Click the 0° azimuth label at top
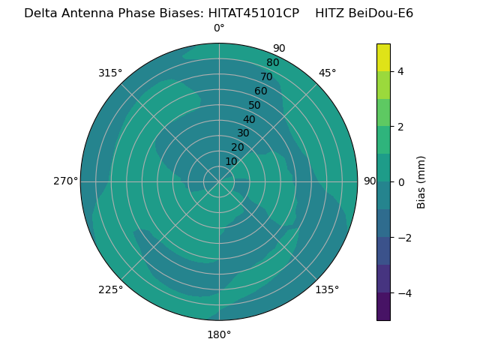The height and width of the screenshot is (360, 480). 219,28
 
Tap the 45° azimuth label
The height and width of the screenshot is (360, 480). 327,73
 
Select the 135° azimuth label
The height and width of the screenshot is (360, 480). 327,289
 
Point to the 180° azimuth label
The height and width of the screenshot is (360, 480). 219,335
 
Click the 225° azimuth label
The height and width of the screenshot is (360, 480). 110,289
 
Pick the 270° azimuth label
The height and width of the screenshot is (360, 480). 66,181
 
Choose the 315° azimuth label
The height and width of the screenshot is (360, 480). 110,73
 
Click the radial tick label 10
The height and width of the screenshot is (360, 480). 231,161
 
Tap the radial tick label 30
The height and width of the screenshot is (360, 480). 243,133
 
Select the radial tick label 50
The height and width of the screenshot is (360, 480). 254,105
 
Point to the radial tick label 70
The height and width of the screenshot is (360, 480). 266,76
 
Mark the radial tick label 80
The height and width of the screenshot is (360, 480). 273,62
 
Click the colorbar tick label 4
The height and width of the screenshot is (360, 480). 400,71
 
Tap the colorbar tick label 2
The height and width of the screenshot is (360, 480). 400,127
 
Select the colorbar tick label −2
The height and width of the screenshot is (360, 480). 405,238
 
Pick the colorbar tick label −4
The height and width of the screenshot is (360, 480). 405,293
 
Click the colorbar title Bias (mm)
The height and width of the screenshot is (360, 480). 421,182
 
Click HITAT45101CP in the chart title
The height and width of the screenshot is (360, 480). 253,13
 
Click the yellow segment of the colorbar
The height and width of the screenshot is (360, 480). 383,58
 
